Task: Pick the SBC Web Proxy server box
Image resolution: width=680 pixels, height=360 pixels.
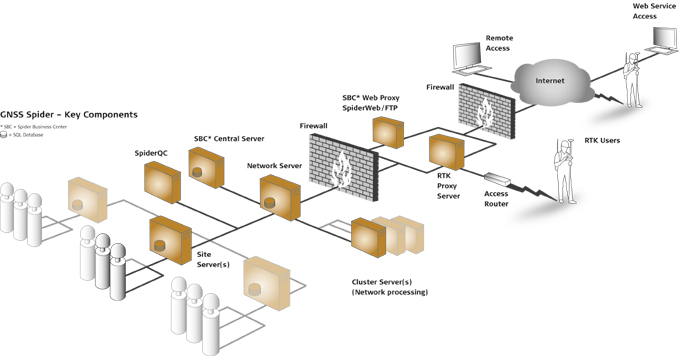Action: [x=386, y=130]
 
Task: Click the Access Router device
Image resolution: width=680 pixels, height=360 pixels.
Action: [x=498, y=185]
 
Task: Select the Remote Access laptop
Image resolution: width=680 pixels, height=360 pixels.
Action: [x=466, y=57]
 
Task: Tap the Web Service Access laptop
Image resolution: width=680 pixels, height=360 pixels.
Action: [x=664, y=36]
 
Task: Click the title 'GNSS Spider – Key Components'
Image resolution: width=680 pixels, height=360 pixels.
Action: [x=69, y=115]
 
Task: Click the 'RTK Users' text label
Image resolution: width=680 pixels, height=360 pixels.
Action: [x=602, y=141]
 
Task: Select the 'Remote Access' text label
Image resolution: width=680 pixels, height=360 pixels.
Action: [x=499, y=43]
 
